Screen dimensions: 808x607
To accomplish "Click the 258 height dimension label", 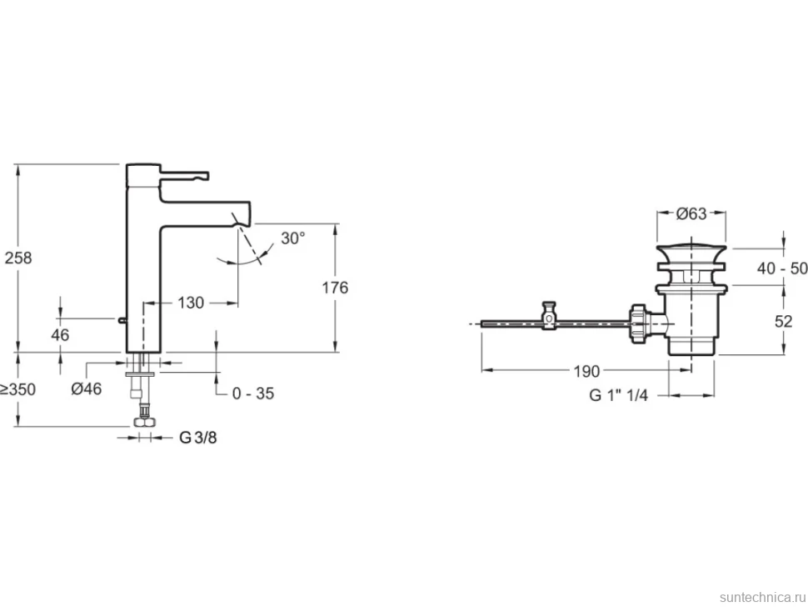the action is click(x=18, y=258).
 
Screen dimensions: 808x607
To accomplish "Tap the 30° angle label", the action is click(x=293, y=238).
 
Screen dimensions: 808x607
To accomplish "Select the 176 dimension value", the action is click(x=335, y=288).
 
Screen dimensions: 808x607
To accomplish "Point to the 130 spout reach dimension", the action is click(x=191, y=303).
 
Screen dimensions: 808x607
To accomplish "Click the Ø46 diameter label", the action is click(x=87, y=389).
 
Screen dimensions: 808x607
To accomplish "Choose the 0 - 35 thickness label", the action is click(x=253, y=394).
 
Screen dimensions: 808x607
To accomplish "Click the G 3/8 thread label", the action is click(x=198, y=438).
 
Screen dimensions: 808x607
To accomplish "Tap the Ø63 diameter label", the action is click(x=691, y=213).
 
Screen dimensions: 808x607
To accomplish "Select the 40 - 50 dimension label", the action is click(x=782, y=268).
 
